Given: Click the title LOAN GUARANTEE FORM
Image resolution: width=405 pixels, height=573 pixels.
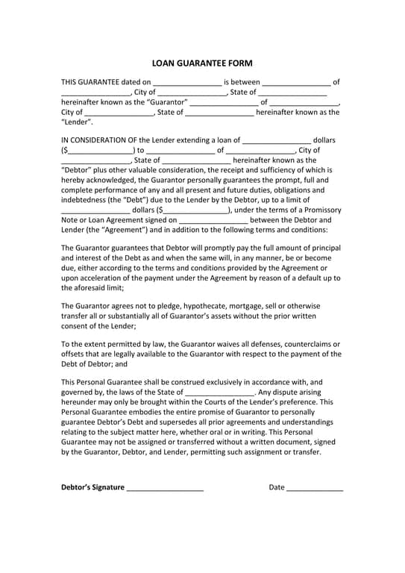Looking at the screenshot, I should tap(202, 63).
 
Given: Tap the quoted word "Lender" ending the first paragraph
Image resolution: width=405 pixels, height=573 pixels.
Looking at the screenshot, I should tap(76, 122).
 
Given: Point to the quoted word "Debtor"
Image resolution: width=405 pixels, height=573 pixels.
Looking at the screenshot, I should tap(76, 169).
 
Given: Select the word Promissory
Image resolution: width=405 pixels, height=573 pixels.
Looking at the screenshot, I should tap(319, 210).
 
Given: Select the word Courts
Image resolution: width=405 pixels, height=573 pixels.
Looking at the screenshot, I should tap(217, 401).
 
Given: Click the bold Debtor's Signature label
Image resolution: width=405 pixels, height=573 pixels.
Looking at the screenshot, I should tap(92, 487).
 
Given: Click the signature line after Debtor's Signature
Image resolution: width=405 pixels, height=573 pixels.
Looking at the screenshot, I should tap(165, 489).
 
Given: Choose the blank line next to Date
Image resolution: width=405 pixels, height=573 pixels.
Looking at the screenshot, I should tap(315, 489).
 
